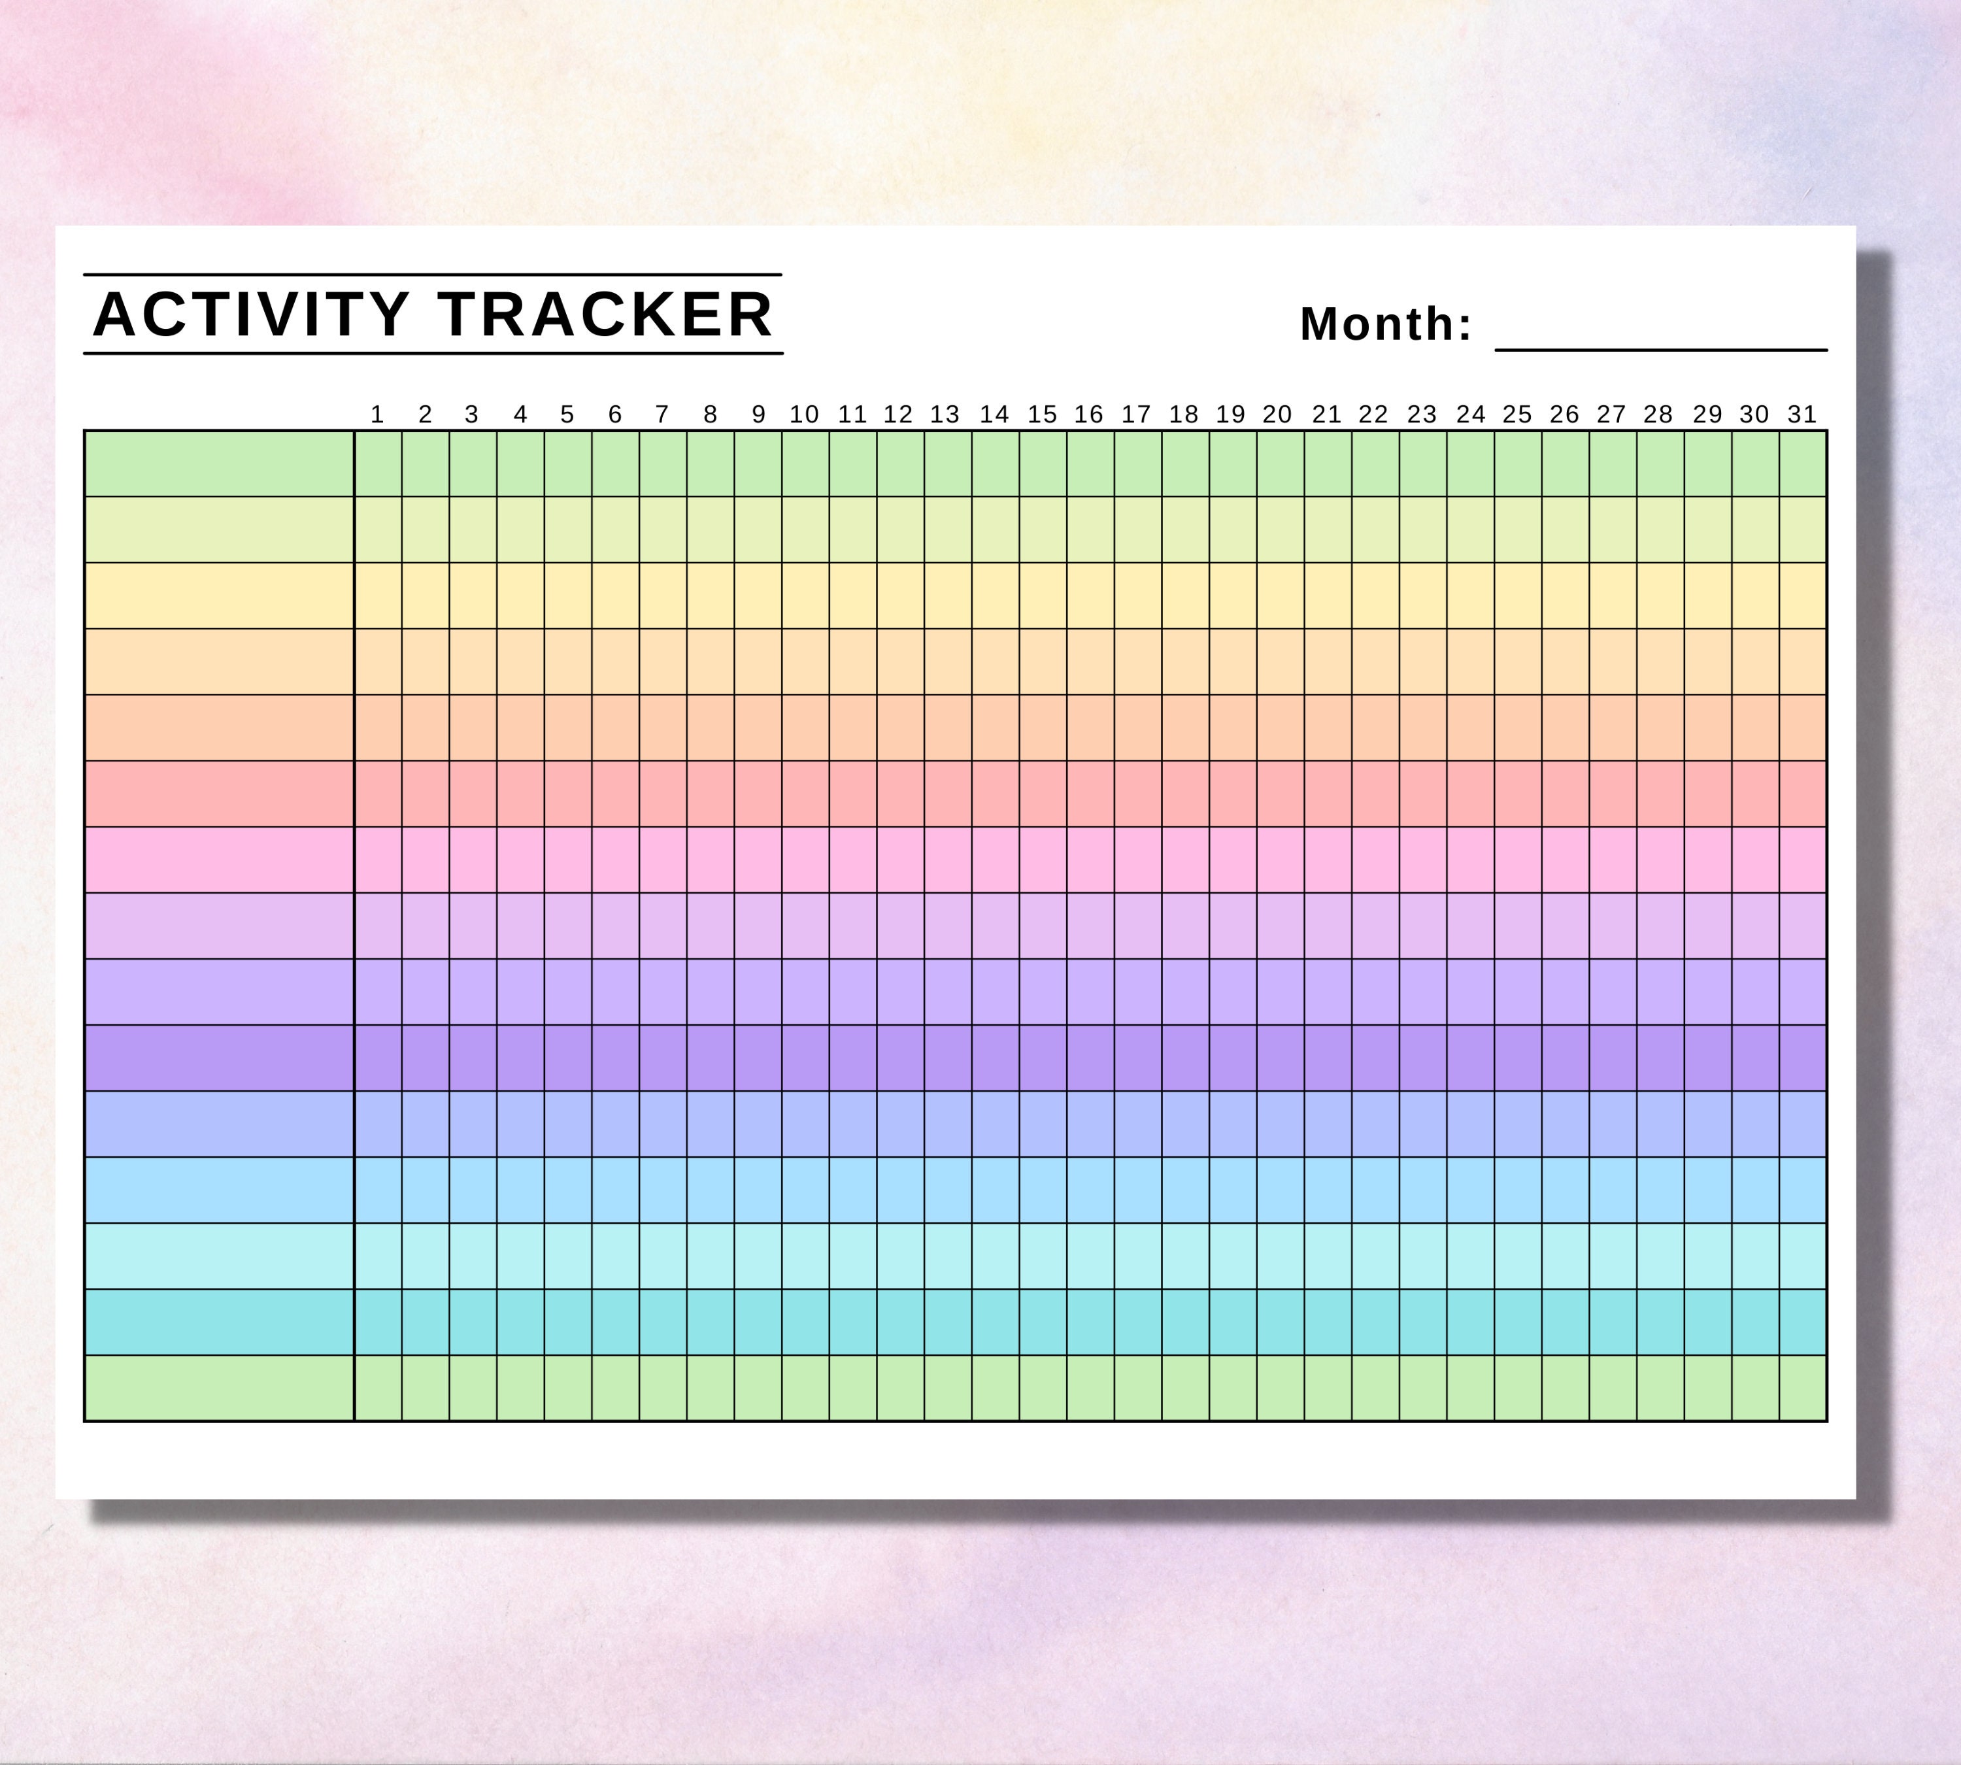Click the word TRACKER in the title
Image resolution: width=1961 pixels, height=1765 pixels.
point(606,314)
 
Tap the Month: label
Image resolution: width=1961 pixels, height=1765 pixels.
point(1385,324)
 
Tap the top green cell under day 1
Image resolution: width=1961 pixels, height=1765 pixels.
point(378,463)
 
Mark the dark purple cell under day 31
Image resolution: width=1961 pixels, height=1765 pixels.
point(1803,1058)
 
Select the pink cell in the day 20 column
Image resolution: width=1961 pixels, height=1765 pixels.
point(1280,859)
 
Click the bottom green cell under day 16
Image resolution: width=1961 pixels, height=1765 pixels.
point(1090,1388)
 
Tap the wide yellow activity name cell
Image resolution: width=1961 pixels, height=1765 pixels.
point(219,596)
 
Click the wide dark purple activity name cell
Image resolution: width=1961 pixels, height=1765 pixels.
point(219,1058)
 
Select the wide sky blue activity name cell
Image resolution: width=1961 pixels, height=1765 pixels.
point(219,1190)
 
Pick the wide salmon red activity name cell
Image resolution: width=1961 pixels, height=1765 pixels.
point(219,794)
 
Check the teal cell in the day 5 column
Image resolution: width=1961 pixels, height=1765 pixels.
point(568,1322)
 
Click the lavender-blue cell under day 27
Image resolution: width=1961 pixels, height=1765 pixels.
point(1613,1124)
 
